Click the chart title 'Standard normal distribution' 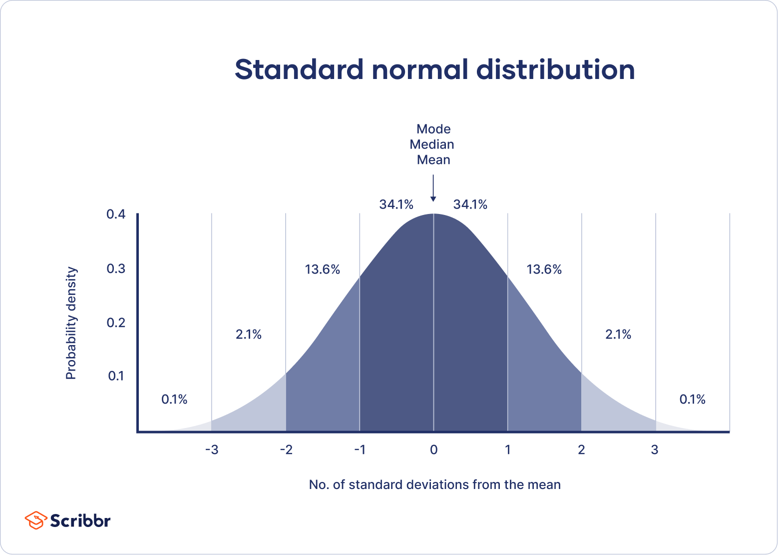[x=434, y=69]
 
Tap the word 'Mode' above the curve [x=433, y=129]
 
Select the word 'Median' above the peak [x=432, y=144]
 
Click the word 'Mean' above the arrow [x=433, y=160]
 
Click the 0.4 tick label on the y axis [x=116, y=214]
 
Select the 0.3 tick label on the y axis [x=116, y=269]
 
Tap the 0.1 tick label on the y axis [x=116, y=376]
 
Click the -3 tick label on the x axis [x=212, y=450]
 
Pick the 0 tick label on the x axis [x=433, y=450]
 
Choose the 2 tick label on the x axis [x=581, y=450]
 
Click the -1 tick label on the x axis [x=360, y=450]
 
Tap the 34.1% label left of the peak [x=396, y=204]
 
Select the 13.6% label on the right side [x=544, y=270]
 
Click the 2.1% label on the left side [x=249, y=334]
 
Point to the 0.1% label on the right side [x=692, y=399]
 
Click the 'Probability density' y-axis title [x=71, y=323]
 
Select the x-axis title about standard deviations [x=434, y=485]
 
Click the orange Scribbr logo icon [x=35, y=520]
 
